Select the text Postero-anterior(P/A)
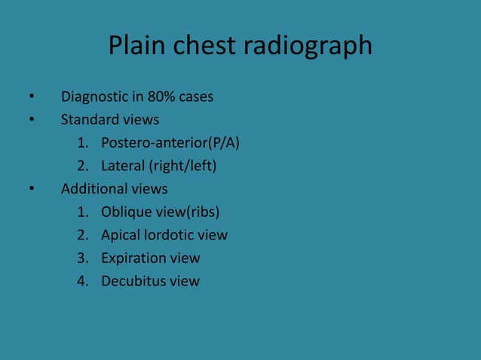point(171,143)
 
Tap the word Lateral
point(124,166)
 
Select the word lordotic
point(170,235)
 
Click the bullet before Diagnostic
point(31,97)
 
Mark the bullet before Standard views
point(31,121)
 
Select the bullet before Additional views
point(31,189)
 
